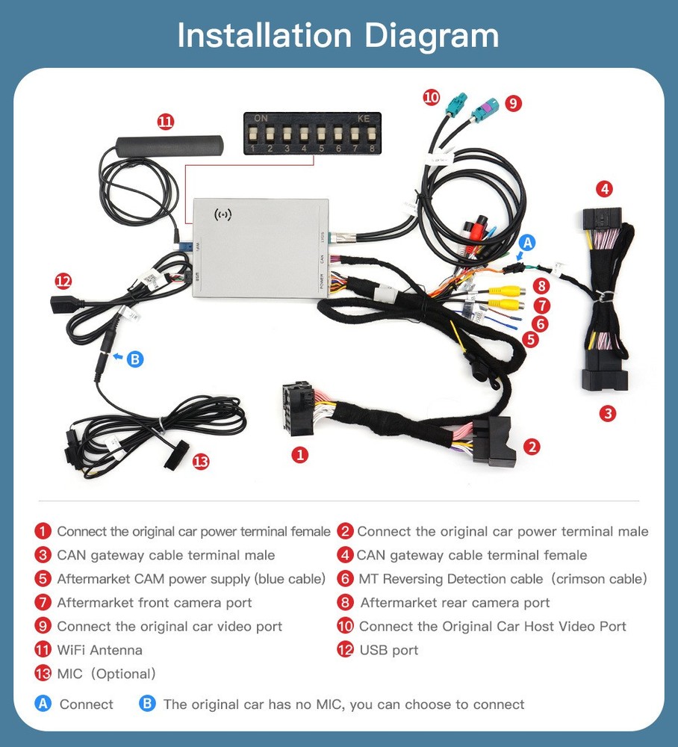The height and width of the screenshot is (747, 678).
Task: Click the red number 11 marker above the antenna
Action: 165,121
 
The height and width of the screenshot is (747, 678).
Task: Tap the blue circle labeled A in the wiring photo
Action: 527,242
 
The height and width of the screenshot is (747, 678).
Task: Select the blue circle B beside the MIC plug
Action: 134,359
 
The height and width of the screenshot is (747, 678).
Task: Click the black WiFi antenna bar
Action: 169,144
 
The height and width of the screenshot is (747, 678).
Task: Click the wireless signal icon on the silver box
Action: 223,215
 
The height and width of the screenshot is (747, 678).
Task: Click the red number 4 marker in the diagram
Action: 605,188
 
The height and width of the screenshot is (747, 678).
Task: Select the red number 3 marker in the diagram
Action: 608,413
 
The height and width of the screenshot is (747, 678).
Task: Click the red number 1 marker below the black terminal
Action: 300,454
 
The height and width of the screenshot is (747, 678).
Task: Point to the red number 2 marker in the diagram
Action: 532,447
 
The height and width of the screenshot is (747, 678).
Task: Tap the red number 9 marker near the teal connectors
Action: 512,103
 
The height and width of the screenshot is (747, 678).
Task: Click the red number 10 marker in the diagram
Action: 431,97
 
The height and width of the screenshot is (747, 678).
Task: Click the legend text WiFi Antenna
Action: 99,650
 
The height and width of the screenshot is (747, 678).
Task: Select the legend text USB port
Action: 388,650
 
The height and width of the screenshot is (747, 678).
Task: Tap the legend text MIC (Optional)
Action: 106,674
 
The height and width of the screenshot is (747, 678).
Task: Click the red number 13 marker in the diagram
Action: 200,462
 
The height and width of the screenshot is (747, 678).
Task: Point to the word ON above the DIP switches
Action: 261,118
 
